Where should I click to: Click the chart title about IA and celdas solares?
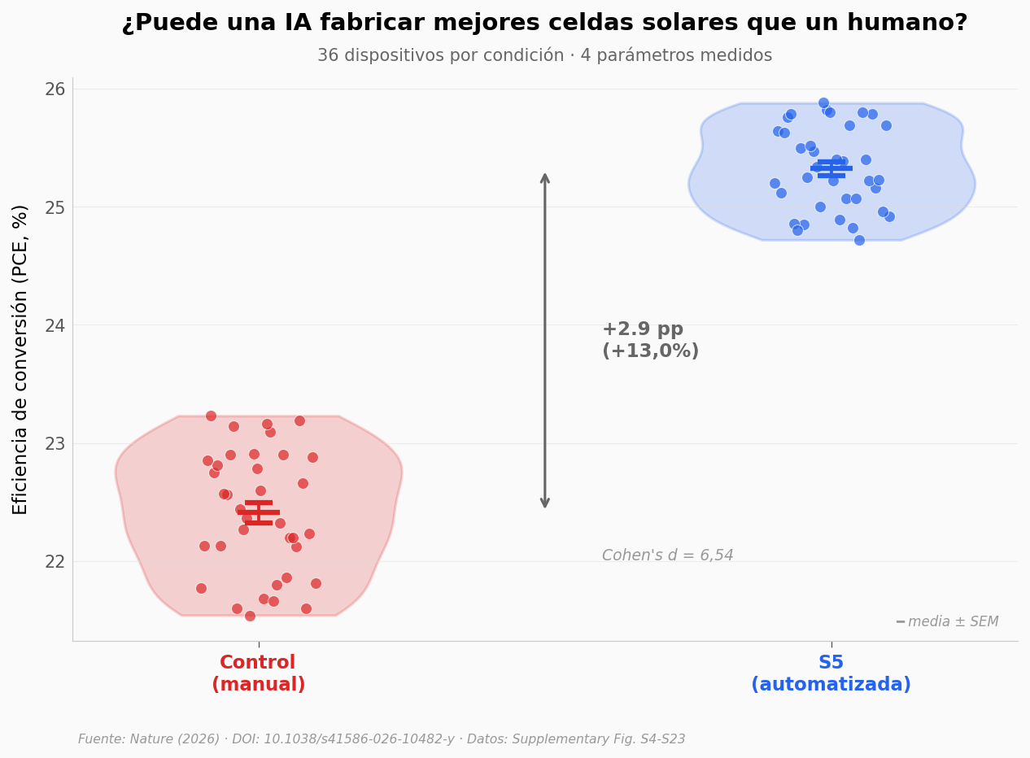pyautogui.click(x=544, y=23)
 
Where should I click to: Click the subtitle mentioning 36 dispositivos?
pyautogui.click(x=544, y=55)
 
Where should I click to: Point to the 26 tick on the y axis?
pyautogui.click(x=55, y=89)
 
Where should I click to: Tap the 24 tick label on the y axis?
pyautogui.click(x=55, y=325)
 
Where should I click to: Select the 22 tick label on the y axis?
pyautogui.click(x=55, y=561)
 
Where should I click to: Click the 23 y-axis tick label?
pyautogui.click(x=55, y=443)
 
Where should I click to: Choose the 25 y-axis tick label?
pyautogui.click(x=55, y=207)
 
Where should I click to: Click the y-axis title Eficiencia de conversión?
pyautogui.click(x=20, y=359)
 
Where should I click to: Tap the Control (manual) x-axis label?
pyautogui.click(x=259, y=673)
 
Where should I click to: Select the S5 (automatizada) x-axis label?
pyautogui.click(x=831, y=673)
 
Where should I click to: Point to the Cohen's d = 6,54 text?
pyautogui.click(x=667, y=555)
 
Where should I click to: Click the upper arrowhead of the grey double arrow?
pyautogui.click(x=545, y=177)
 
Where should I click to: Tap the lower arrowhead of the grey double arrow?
pyautogui.click(x=545, y=503)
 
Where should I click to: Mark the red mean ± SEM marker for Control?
pyautogui.click(x=259, y=512)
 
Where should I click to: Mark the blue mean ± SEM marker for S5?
pyautogui.click(x=831, y=168)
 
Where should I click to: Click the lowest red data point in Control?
pyautogui.click(x=250, y=616)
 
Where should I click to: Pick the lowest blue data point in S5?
pyautogui.click(x=859, y=240)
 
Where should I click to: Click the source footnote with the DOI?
pyautogui.click(x=382, y=739)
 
